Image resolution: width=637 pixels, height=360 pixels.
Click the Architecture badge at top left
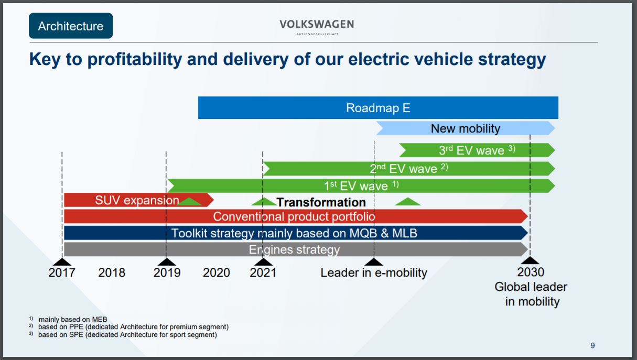[71, 26]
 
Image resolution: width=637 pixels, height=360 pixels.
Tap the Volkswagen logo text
[317, 25]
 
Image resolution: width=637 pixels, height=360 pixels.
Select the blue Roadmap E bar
[378, 108]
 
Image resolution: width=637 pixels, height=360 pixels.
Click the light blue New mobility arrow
[465, 128]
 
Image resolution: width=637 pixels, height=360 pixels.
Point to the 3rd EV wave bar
[477, 150]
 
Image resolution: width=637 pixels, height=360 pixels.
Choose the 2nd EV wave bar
[409, 168]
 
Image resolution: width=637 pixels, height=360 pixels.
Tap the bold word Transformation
[321, 202]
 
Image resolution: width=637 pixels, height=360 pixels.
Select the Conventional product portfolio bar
[294, 216]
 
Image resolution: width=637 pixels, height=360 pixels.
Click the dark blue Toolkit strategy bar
[294, 233]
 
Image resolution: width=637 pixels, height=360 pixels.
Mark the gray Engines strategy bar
[294, 249]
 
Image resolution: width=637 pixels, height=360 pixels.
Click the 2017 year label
[62, 272]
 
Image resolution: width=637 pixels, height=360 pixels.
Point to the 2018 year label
[112, 272]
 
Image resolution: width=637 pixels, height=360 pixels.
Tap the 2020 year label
[217, 272]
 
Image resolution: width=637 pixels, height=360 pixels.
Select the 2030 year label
[531, 272]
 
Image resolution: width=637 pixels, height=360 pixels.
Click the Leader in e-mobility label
[374, 272]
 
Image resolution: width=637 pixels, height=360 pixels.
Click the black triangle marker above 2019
[166, 261]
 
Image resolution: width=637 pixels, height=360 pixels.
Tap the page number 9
[592, 345]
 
